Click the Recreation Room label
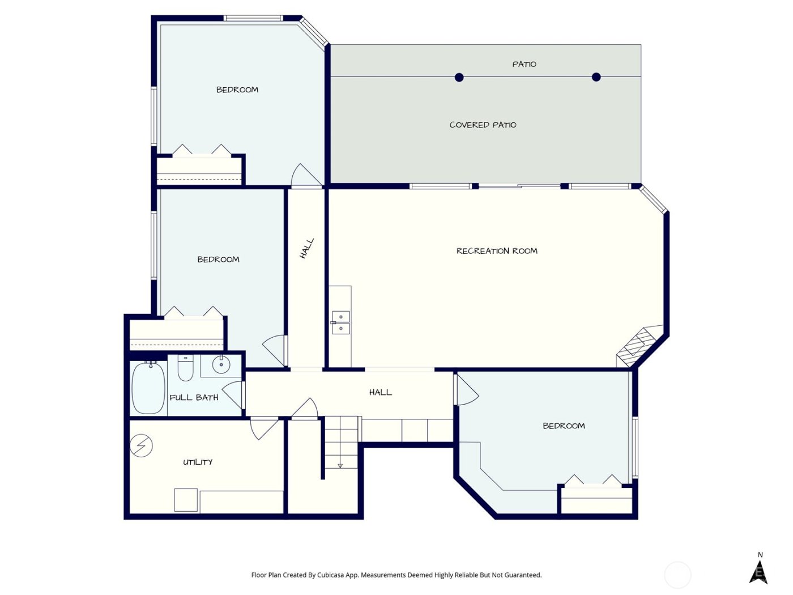[497, 251]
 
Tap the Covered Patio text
[483, 125]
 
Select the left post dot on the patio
[459, 77]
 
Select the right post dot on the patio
[596, 77]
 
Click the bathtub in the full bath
[148, 388]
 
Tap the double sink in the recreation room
[340, 322]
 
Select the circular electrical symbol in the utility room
[141, 446]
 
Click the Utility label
[198, 462]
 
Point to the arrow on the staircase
[340, 465]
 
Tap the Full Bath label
[194, 398]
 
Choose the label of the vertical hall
[306, 249]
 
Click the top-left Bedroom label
[237, 90]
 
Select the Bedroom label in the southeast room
[564, 426]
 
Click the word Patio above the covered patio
[524, 64]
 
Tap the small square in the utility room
[186, 500]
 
